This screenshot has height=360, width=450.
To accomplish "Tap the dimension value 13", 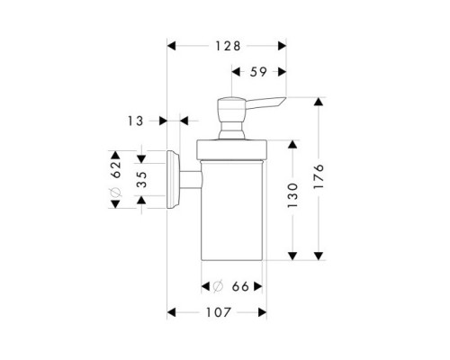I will pos(136,119).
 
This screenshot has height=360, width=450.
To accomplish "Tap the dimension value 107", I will pos(217,313).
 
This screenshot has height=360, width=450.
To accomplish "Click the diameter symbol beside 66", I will pos(217,286).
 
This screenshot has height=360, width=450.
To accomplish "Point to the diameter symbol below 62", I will pos(115,196).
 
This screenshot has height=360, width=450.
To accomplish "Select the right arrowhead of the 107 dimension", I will pos(263,313).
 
